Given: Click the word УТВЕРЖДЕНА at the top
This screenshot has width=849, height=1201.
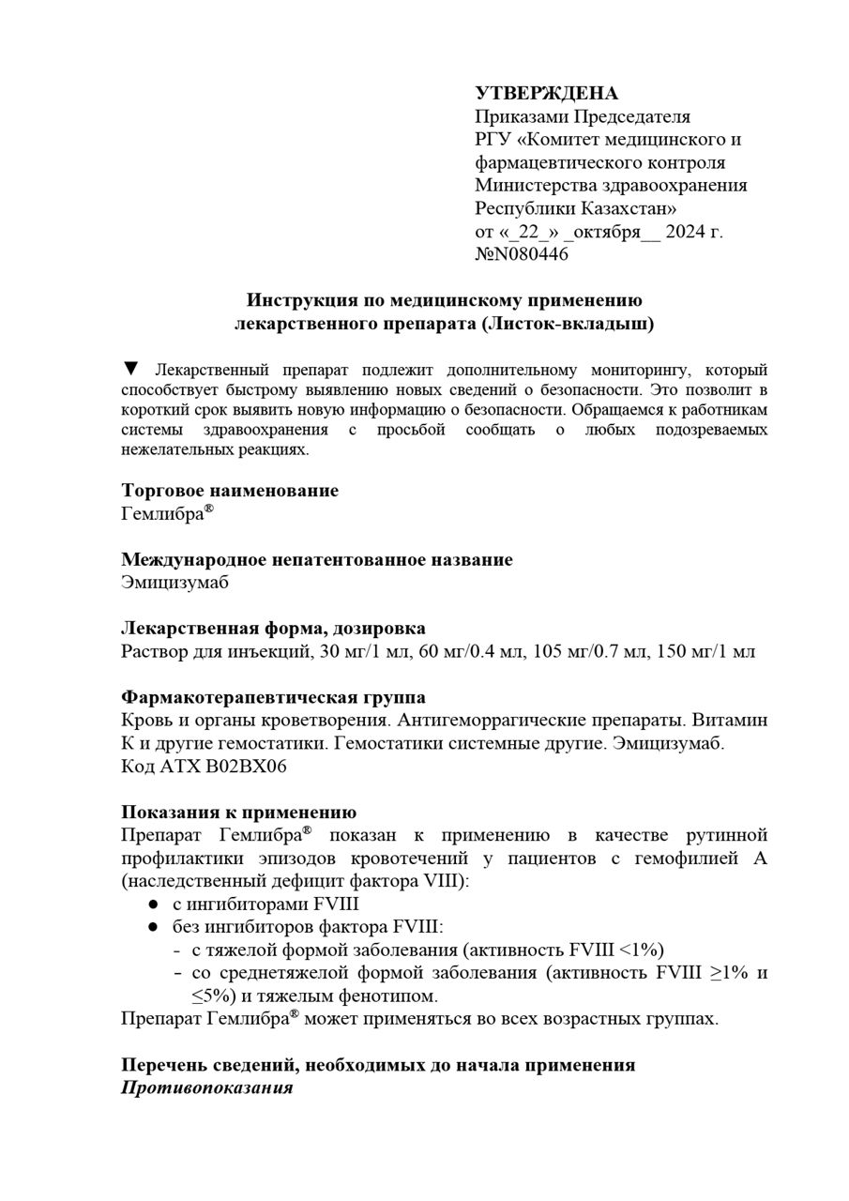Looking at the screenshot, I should tap(546, 94).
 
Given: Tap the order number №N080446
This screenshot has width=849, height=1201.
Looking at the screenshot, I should tap(522, 253).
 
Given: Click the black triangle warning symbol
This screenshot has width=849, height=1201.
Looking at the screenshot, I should tap(131, 368).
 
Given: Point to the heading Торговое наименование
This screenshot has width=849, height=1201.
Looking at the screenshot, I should tap(230, 491).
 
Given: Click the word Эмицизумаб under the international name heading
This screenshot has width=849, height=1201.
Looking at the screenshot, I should tap(174, 583).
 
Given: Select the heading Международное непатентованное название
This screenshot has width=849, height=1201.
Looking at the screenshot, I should tap(317, 560).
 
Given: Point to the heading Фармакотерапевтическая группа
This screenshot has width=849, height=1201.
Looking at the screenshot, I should tap(273, 698).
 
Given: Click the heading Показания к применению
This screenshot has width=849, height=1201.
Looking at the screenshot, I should tap(238, 813).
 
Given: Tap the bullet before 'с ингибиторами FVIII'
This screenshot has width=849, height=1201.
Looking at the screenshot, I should tap(153, 905).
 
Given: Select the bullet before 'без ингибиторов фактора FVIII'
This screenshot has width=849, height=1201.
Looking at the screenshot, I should tap(153, 927).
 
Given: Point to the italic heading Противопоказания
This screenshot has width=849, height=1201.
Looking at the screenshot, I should tap(206, 1088).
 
